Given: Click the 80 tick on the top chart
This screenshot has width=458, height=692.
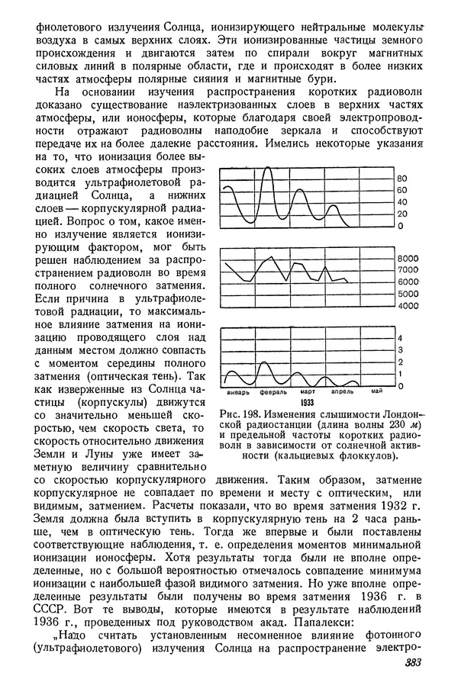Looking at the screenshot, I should tap(403, 179).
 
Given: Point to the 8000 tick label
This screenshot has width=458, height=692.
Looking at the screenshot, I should tap(408, 259).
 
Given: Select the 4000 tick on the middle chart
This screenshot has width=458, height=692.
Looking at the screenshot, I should tap(408, 306).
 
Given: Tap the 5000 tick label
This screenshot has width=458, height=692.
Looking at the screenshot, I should tap(408, 294).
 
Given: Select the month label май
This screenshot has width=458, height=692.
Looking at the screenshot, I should tap(376, 392).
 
